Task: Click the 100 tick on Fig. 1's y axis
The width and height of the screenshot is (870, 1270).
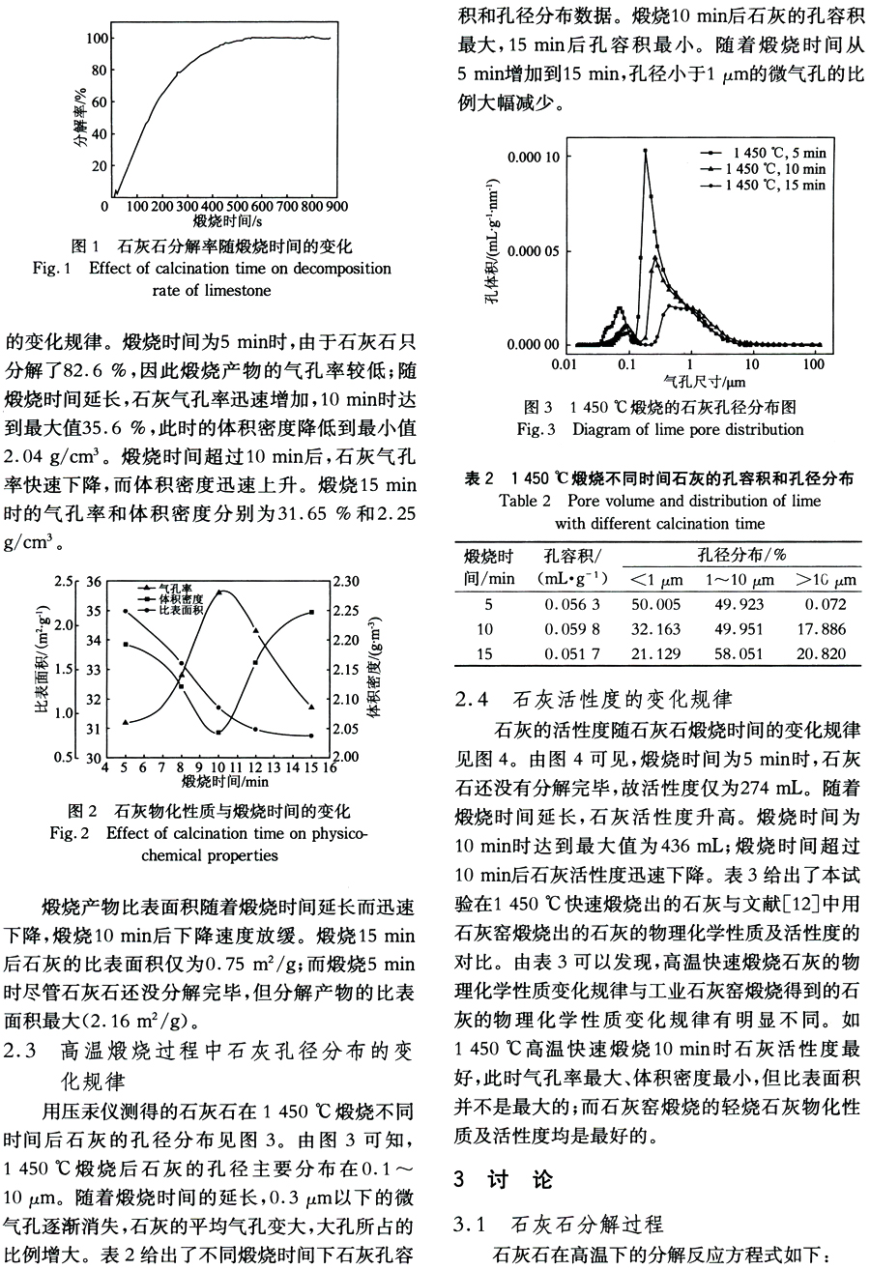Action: (x=95, y=38)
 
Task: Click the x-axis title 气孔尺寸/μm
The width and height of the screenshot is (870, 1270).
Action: (x=690, y=382)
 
